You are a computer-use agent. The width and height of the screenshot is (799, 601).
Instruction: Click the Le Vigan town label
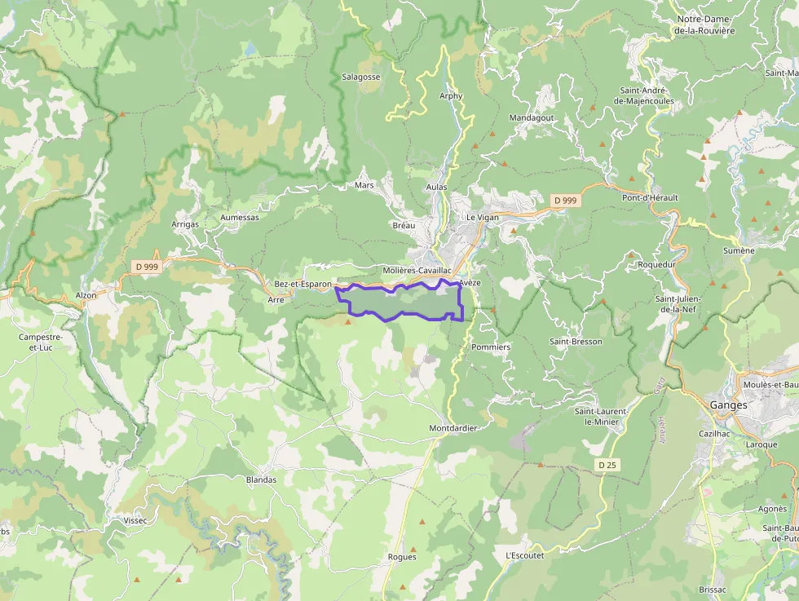[481, 218]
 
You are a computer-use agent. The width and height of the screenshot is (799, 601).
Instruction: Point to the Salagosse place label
[360, 77]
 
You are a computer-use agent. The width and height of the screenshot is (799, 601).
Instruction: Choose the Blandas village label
[261, 479]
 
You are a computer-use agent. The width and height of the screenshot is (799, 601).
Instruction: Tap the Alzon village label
[86, 295]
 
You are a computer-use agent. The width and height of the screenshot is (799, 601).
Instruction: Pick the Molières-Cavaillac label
[417, 270]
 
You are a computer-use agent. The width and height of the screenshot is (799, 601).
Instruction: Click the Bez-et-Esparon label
[302, 284]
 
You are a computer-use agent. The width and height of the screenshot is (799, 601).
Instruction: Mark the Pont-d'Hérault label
[650, 197]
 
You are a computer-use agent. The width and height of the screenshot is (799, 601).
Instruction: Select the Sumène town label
[739, 250]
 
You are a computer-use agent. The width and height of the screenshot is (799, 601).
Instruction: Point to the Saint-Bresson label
[576, 341]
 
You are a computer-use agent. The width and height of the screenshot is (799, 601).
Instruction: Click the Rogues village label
[403, 557]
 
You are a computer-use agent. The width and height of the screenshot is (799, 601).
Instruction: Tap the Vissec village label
[135, 519]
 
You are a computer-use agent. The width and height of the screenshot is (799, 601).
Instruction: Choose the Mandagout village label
[531, 117]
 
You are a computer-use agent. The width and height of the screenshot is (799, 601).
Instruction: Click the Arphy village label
[451, 95]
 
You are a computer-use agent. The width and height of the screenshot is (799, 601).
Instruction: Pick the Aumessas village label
[239, 218]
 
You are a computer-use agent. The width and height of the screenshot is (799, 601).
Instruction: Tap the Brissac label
[713, 589]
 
